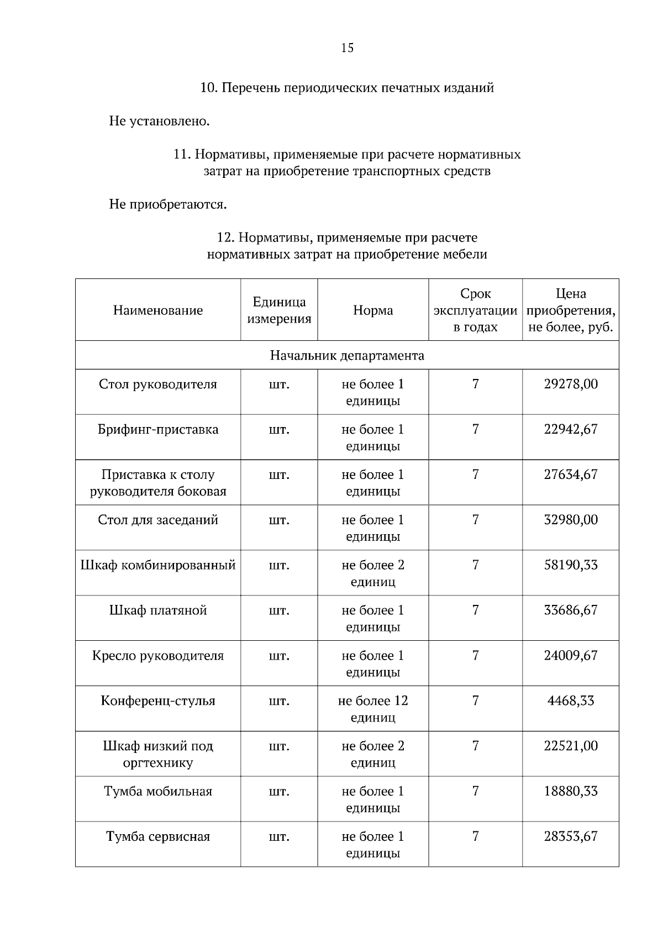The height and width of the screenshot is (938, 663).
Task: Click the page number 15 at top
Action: [x=347, y=48]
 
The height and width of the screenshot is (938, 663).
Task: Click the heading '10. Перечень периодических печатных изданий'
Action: [x=346, y=88]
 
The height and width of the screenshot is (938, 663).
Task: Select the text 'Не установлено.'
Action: [x=159, y=121]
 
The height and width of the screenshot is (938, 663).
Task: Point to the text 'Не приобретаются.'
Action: [x=168, y=205]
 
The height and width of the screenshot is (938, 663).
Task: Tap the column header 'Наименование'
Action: [x=158, y=310]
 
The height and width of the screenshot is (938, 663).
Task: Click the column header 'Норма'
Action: [x=373, y=310]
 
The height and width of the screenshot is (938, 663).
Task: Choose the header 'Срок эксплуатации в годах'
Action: [x=475, y=310]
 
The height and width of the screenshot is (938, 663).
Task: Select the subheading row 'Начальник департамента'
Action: [x=347, y=355]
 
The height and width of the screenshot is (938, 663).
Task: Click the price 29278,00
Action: [x=571, y=384]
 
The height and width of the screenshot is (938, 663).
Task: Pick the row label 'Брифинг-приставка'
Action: [x=158, y=430]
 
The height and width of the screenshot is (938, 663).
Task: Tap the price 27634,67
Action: [x=571, y=475]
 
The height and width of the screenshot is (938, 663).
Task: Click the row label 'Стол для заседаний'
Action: [x=158, y=520]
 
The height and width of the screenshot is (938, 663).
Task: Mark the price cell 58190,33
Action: [x=571, y=566]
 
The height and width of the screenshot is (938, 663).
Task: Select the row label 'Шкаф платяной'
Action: [x=158, y=611]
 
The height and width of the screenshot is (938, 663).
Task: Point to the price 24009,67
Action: [x=571, y=656]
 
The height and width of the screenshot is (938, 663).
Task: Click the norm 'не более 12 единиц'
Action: [x=373, y=709]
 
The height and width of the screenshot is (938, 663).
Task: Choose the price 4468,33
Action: [x=571, y=702]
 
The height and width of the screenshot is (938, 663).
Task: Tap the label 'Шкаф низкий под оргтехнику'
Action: [x=158, y=755]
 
